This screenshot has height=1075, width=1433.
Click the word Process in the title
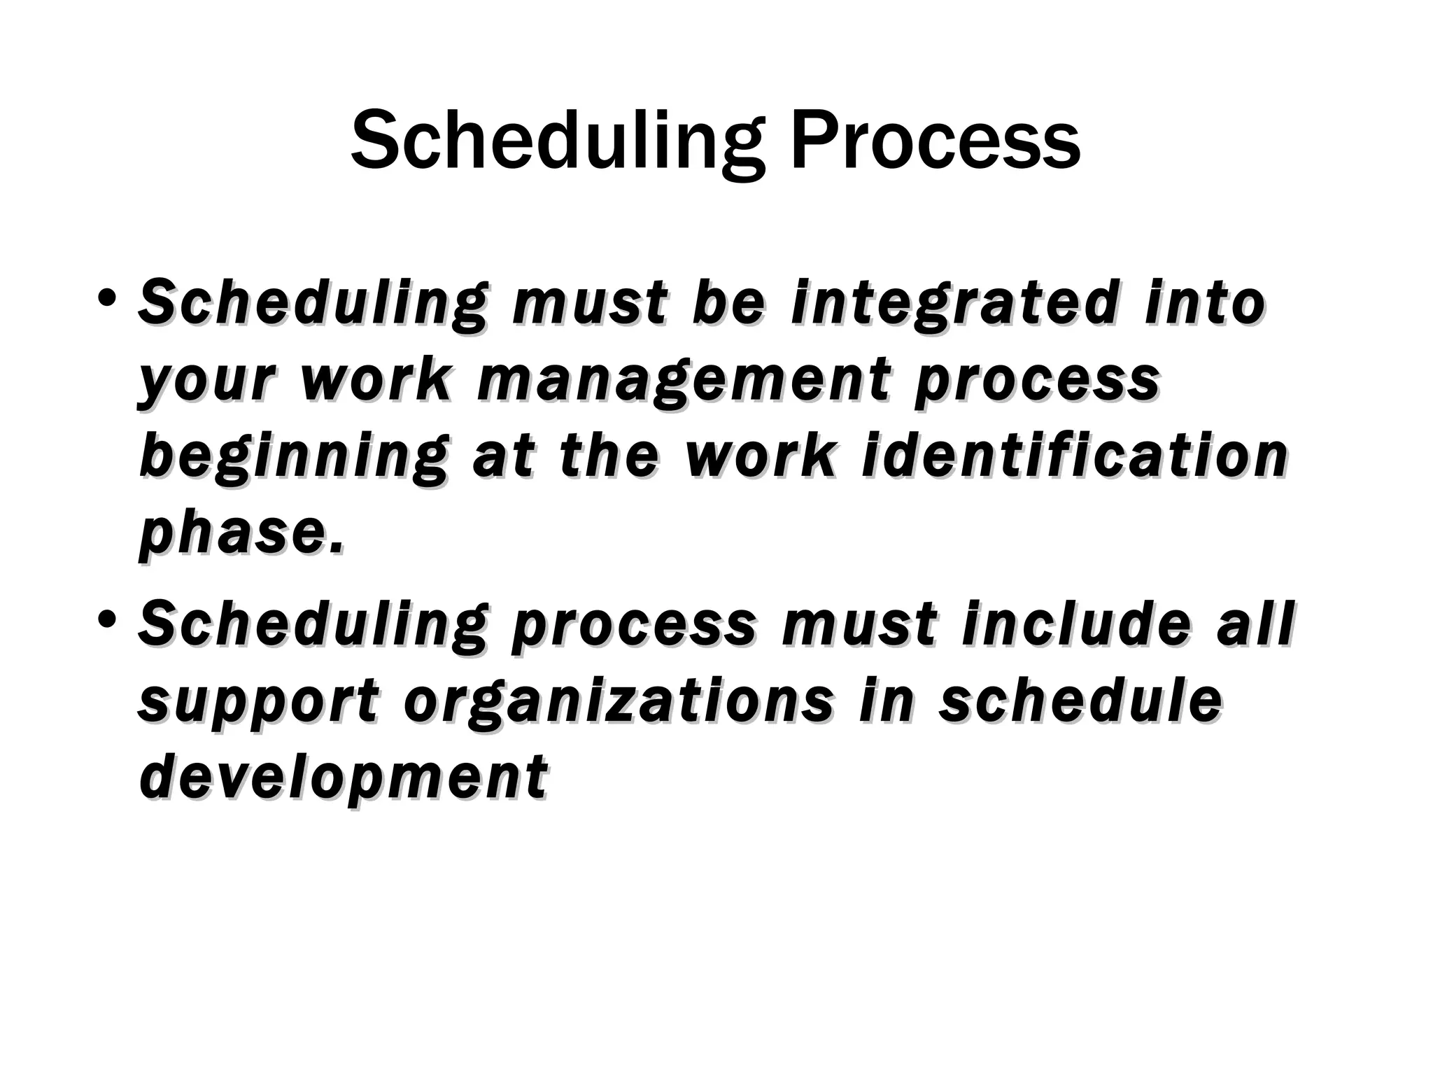click(935, 140)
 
